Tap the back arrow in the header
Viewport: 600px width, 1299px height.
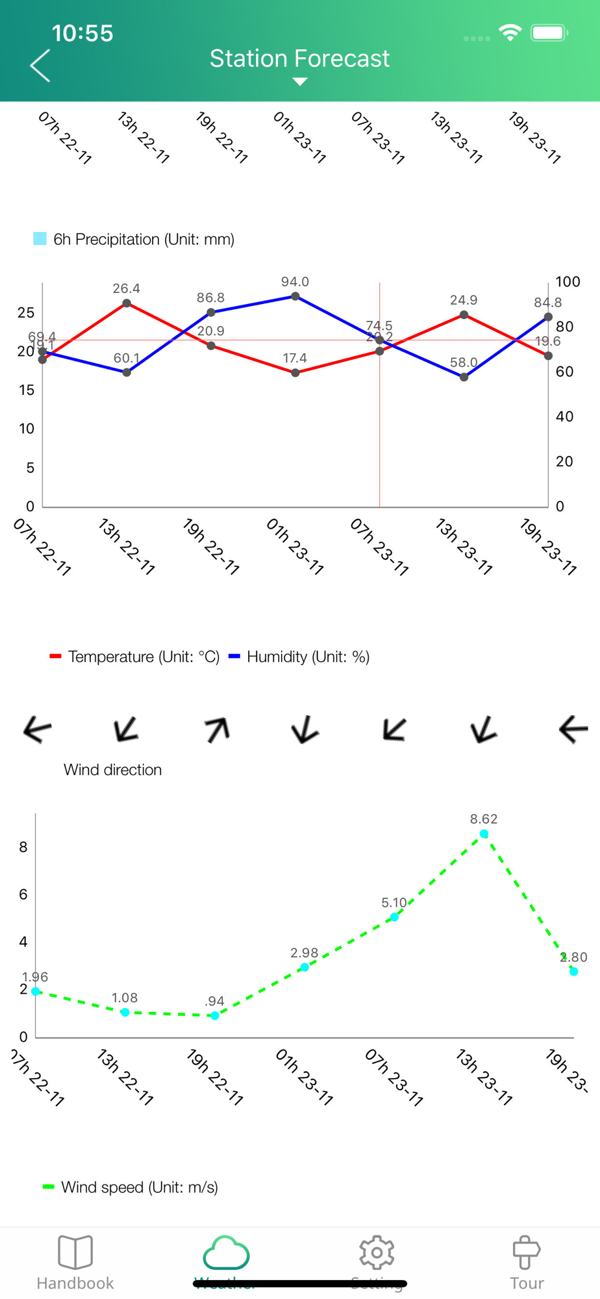point(40,66)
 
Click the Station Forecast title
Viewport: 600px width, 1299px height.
point(299,59)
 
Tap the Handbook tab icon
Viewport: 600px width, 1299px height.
point(75,1252)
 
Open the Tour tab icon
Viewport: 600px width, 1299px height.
point(526,1252)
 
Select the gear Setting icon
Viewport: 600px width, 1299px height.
point(377,1252)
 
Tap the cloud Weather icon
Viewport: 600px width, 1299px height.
point(226,1253)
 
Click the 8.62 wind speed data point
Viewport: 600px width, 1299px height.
point(484,834)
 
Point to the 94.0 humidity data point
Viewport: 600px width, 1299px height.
point(295,296)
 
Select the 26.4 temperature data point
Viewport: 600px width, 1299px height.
point(127,303)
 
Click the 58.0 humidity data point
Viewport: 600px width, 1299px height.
point(464,377)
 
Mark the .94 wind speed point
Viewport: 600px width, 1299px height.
point(215,1016)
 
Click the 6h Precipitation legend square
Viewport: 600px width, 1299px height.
point(40,239)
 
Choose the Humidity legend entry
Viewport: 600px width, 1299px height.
point(299,657)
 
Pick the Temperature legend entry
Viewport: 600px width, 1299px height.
point(135,657)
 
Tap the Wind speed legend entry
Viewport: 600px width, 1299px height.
point(131,1187)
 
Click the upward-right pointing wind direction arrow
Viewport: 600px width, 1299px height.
point(217,729)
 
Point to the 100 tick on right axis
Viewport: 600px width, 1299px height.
point(568,282)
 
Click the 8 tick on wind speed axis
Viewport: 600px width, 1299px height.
point(23,847)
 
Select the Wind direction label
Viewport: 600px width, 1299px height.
point(113,770)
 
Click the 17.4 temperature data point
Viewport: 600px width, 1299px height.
point(295,373)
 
